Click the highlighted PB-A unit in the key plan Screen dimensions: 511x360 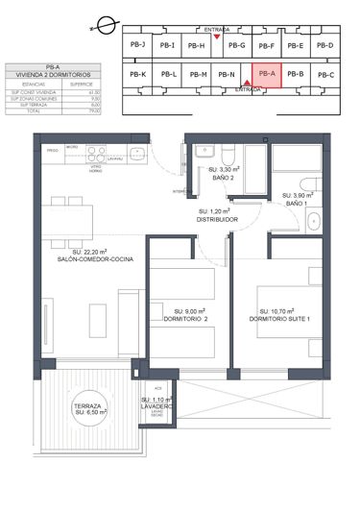point(266,74)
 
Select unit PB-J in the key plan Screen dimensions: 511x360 point(137,45)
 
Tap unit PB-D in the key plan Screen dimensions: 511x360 point(324,45)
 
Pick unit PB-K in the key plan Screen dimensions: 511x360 point(137,74)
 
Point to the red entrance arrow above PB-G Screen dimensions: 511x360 point(217,37)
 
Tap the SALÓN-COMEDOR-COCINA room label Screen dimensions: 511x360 point(94,260)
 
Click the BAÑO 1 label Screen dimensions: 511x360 point(300,203)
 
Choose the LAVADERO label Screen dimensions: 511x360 point(156,406)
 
